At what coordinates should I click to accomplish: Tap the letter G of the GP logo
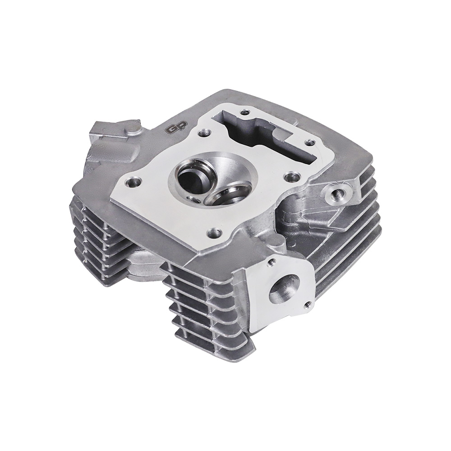[169, 130]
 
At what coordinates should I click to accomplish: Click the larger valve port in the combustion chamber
[190, 175]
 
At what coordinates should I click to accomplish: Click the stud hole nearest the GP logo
[204, 133]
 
